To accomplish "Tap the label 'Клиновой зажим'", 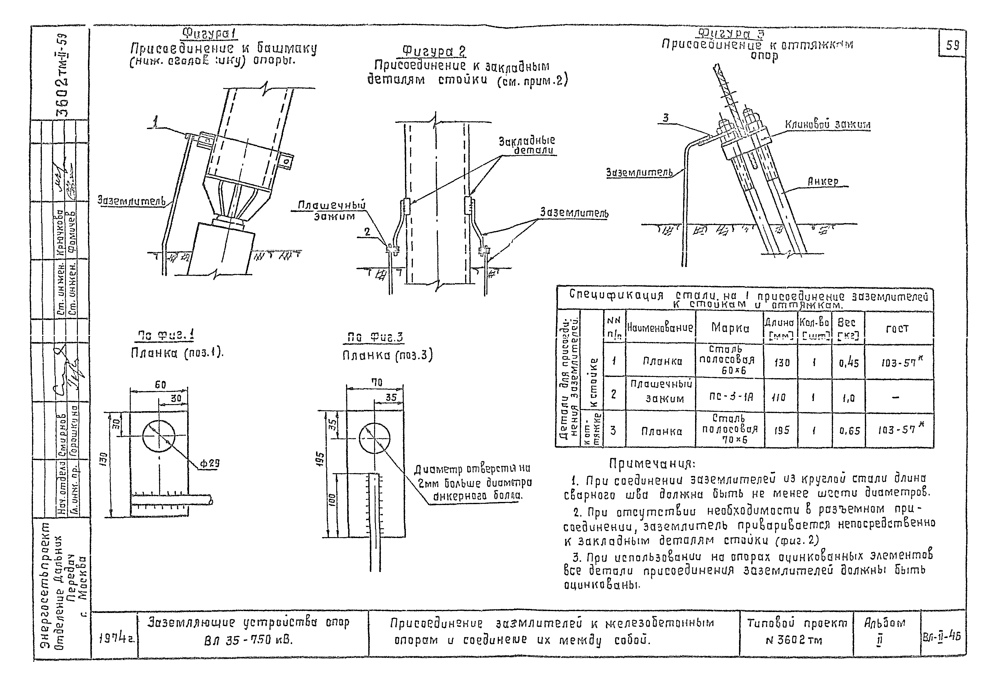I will coord(828,125).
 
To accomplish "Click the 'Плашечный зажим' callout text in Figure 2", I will coord(332,211).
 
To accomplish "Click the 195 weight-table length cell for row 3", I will coord(781,430).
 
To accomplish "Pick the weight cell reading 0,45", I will coord(849,363).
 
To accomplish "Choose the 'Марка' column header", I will coord(730,328).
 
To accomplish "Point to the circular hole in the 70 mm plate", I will coord(374,438).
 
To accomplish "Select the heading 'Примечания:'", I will coord(652,464).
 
